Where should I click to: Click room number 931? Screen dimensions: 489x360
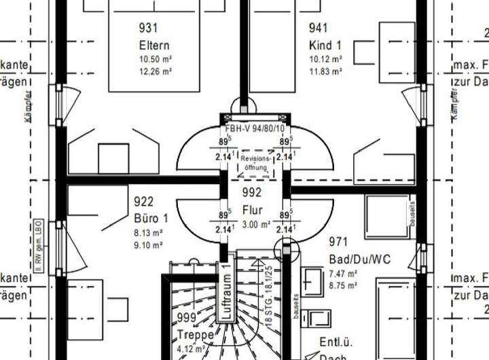148,29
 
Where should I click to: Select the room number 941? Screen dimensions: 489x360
318,29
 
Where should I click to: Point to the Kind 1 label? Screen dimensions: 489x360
325,45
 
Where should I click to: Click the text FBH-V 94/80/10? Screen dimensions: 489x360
256,128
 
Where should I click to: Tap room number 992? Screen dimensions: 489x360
252,192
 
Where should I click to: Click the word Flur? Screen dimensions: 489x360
252,210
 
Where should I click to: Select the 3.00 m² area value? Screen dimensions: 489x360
256,224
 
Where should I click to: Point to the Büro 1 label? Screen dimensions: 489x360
151,219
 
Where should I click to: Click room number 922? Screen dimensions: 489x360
144,202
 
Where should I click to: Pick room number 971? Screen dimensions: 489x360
338,242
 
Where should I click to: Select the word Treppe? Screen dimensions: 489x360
196,335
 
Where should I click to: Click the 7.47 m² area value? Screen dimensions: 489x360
344,274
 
